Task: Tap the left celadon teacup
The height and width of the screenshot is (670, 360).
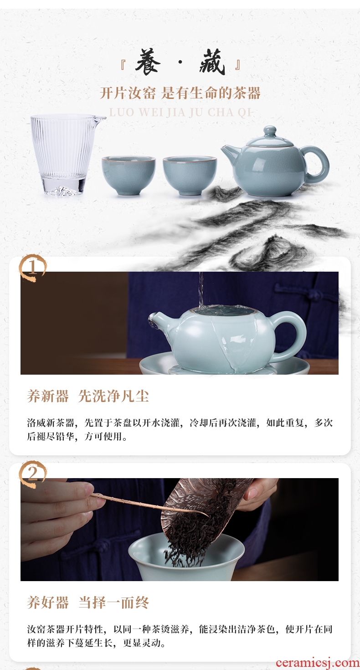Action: (x=128, y=175)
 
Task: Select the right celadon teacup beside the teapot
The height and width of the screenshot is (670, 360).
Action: (x=190, y=175)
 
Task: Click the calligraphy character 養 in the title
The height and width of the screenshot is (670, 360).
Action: (x=148, y=62)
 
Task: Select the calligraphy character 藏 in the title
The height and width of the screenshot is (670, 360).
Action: (x=212, y=62)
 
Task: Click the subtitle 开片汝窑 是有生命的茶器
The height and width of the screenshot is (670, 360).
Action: (x=180, y=93)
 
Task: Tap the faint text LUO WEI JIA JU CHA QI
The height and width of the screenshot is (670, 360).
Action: (x=180, y=113)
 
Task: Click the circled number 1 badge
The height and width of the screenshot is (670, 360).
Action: (x=33, y=268)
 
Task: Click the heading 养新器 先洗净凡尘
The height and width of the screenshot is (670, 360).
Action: (x=88, y=397)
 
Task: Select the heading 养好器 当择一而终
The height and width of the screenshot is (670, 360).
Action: (x=88, y=603)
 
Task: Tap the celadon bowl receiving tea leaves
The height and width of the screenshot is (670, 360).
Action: (x=186, y=557)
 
